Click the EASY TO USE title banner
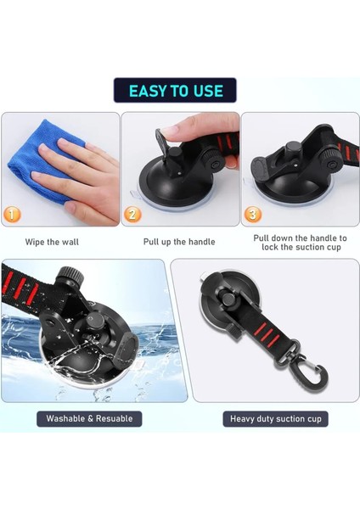point(175,90)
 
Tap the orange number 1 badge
point(12,215)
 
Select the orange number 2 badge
point(132,215)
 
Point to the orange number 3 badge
point(252,215)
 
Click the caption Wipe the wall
point(52,242)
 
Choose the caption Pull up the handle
point(179,242)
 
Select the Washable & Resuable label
point(89,419)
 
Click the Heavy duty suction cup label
point(276,419)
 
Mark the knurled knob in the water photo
point(70,276)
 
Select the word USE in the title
point(208,91)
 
